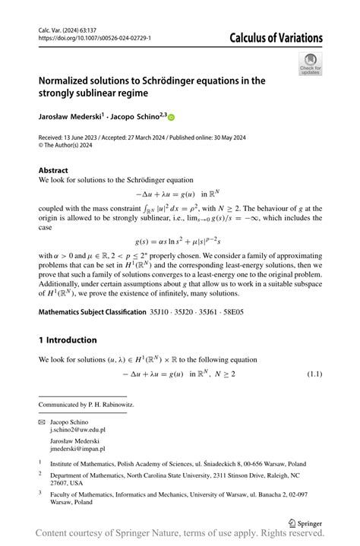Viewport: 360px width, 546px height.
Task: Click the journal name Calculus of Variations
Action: (x=276, y=38)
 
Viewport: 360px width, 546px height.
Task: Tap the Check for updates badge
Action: (x=311, y=64)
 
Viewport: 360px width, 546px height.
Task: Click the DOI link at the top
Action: (x=94, y=37)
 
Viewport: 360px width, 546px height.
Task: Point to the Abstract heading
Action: (x=53, y=171)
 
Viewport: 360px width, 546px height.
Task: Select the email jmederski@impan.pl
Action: (x=77, y=449)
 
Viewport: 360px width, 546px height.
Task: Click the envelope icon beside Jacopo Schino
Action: (x=42, y=421)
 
